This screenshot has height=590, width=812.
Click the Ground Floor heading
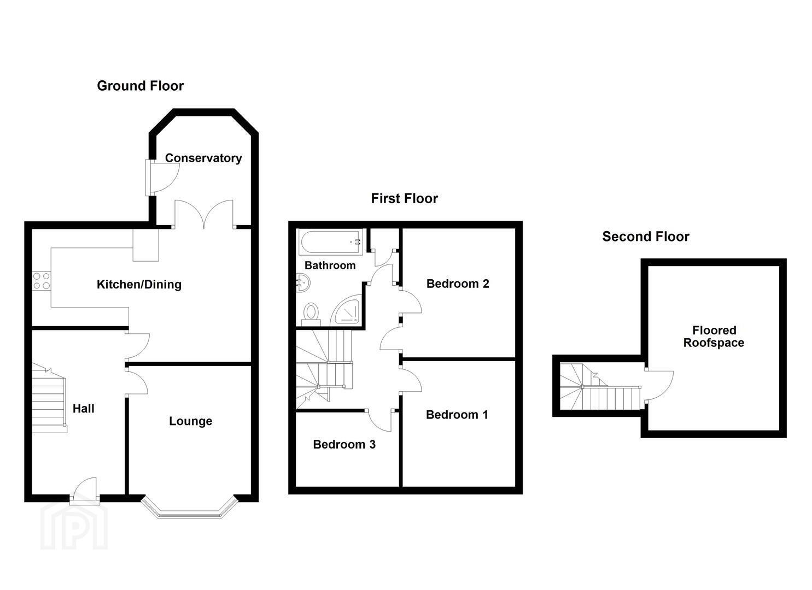click(x=141, y=86)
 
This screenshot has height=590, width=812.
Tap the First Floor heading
click(x=404, y=198)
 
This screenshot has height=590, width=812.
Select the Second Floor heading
click(x=646, y=237)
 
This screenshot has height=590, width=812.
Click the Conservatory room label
click(x=203, y=158)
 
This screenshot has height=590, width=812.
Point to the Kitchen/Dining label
click(x=139, y=285)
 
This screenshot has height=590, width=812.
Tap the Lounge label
click(x=191, y=421)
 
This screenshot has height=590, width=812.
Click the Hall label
click(x=83, y=409)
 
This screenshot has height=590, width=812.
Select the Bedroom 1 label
click(x=457, y=415)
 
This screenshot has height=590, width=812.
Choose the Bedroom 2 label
click(x=458, y=284)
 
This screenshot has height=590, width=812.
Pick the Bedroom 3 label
click(x=344, y=444)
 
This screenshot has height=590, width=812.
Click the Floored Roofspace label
click(x=714, y=337)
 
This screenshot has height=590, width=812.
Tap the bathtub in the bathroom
click(x=330, y=242)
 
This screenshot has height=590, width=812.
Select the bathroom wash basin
click(x=303, y=282)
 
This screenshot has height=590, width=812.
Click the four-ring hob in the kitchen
click(x=42, y=281)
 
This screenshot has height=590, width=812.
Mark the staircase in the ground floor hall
click(x=49, y=398)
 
